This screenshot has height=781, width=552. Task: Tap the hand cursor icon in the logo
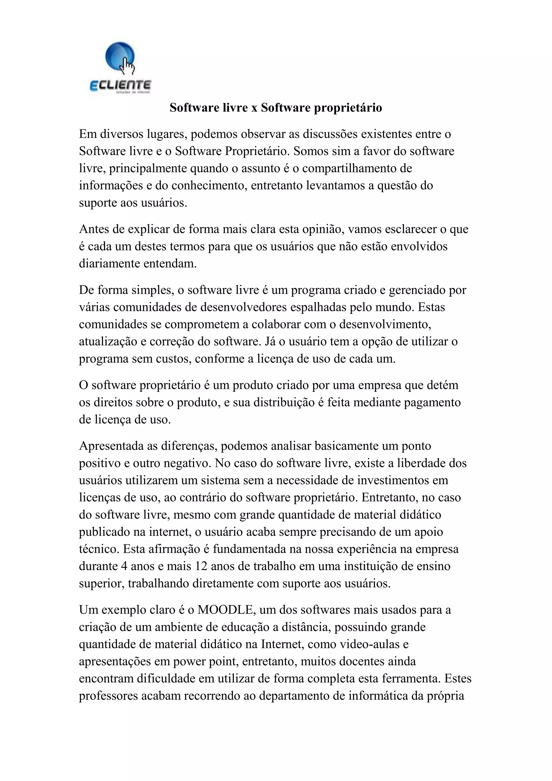click(128, 66)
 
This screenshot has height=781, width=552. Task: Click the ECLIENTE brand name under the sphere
click(120, 85)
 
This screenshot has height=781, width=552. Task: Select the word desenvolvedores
click(243, 307)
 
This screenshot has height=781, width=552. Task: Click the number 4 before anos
click(125, 566)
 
